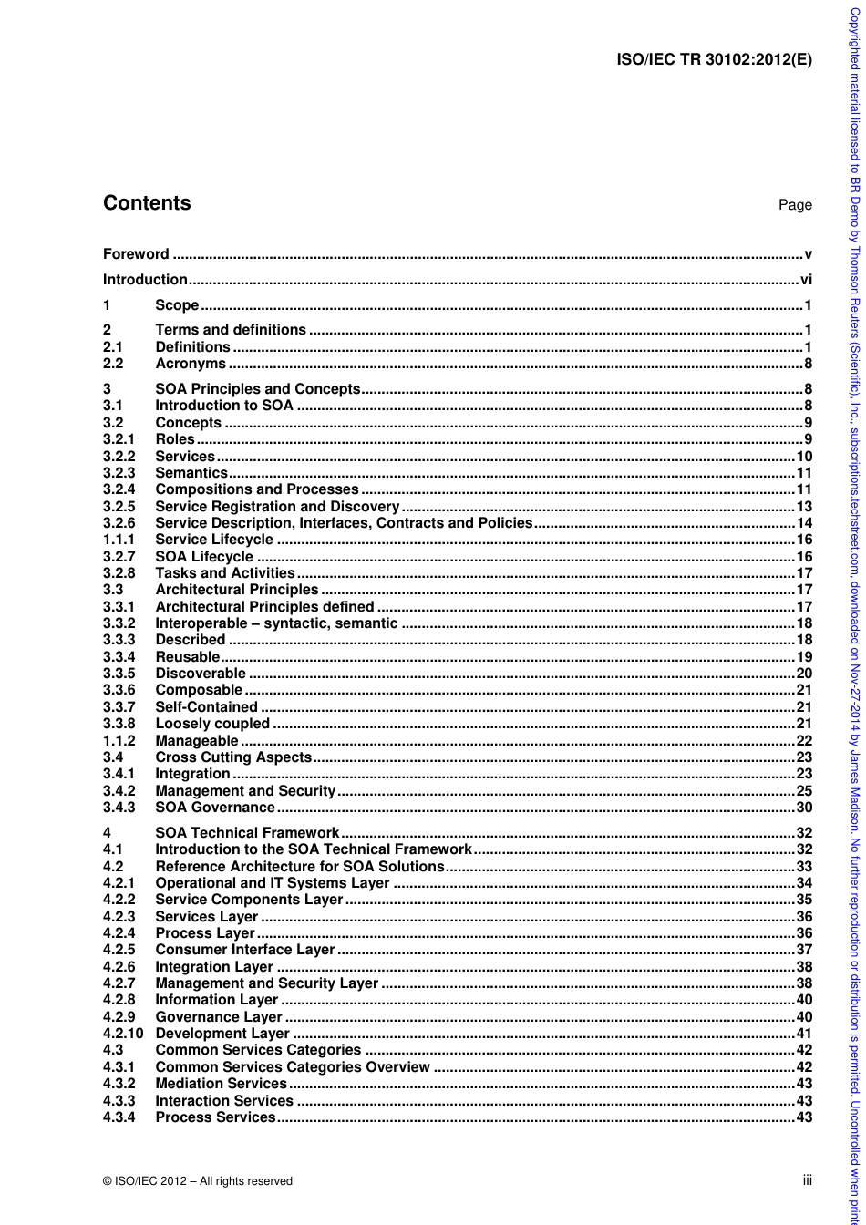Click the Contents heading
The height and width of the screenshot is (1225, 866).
pos(147,203)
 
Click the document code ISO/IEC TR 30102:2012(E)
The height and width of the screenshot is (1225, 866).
pos(714,60)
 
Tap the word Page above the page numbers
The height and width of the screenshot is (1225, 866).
pos(795,205)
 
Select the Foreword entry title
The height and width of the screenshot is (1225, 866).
pos(136,254)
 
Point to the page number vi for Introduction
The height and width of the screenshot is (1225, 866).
pos(806,280)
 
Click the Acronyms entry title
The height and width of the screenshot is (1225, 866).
pos(191,364)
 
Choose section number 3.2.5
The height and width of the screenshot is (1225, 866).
pos(119,507)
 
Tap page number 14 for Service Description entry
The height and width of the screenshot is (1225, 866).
pos(804,523)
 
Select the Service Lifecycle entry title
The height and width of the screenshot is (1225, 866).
pos(214,540)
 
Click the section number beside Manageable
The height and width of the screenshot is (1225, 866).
pos(119,741)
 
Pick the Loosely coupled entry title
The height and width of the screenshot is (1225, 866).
pos(212,724)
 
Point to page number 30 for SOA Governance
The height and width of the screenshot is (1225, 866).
pos(804,808)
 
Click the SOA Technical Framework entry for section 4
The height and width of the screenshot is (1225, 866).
pos(247,833)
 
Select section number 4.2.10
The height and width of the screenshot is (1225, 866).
pos(122,1034)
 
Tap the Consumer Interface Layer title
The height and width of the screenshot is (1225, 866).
pos(245,950)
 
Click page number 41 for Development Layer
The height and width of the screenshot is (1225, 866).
pos(804,1034)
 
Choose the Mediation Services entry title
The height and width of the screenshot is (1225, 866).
pos(222,1084)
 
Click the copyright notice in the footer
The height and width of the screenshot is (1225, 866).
pos(198,1181)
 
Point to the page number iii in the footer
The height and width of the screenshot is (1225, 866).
pos(807,1180)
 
